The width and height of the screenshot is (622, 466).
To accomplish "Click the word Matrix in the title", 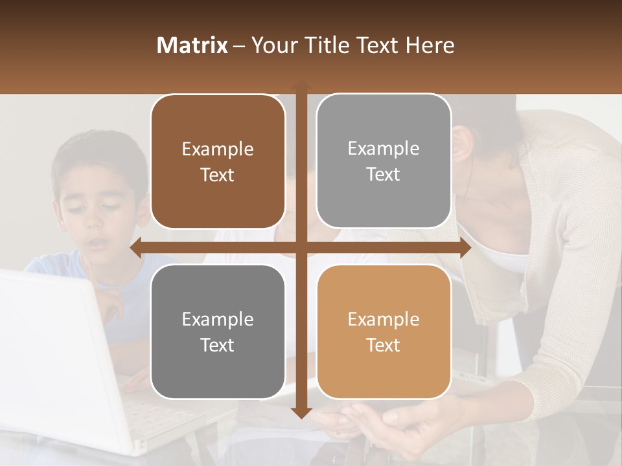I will coord(192,45).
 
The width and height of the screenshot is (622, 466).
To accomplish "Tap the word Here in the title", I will coord(430,45).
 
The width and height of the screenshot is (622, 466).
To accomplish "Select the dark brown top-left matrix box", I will coord(218,162).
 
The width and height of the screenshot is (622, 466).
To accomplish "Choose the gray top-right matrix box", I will coord(384,161).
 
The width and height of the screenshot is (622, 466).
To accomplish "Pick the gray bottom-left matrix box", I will coord(218,331).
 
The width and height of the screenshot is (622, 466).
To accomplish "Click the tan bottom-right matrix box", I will coord(384,331).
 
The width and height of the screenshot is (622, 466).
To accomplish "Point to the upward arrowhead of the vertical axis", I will coord(301,86).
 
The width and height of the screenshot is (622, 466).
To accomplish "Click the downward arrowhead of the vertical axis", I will coord(301,413).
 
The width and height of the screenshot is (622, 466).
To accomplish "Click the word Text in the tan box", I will coord(384,345).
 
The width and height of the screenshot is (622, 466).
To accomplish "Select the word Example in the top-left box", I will coord(218,150).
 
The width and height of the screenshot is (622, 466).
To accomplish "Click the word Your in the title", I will coord(272,45).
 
